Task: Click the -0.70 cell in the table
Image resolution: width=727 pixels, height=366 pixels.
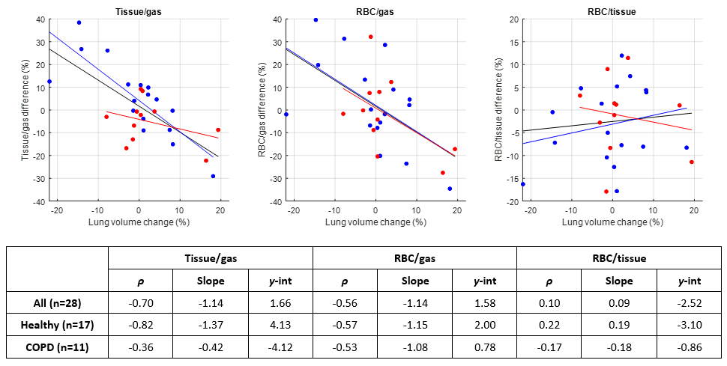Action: coord(141,303)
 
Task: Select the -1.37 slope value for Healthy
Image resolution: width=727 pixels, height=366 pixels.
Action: coord(209,324)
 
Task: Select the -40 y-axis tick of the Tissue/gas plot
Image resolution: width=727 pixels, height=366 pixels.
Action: coord(37,201)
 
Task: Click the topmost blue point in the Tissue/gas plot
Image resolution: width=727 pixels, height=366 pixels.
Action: coord(79,22)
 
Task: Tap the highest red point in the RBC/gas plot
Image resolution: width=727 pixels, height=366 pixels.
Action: coord(370,37)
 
